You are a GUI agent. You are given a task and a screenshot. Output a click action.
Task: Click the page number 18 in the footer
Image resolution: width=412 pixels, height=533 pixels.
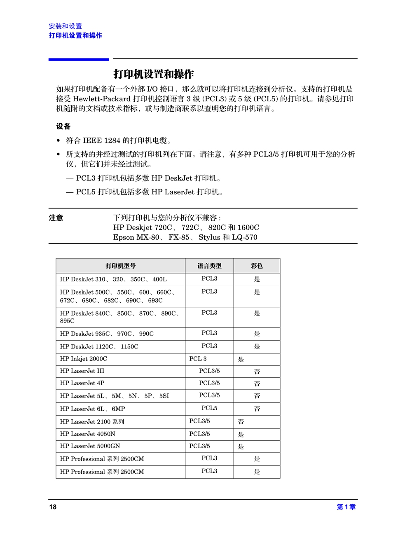(53, 507)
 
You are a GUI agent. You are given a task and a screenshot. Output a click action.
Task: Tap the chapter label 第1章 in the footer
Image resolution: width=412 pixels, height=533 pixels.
(346, 507)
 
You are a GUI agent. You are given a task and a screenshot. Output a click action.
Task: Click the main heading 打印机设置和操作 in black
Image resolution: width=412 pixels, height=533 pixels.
(153, 74)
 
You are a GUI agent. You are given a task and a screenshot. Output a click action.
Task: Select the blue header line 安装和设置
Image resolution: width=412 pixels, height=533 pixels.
(65, 26)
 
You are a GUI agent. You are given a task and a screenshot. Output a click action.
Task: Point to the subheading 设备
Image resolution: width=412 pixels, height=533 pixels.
(63, 126)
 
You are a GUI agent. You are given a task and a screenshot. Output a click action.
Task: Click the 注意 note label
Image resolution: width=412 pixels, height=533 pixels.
(56, 217)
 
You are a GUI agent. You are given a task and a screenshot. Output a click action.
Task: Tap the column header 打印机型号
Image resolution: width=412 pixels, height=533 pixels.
(120, 266)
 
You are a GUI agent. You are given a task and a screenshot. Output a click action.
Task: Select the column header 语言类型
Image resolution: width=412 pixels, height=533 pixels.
(209, 266)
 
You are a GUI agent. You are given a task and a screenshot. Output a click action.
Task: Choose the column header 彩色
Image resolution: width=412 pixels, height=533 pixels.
(257, 266)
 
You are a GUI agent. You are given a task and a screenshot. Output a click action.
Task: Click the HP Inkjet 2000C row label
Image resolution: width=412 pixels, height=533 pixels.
(84, 359)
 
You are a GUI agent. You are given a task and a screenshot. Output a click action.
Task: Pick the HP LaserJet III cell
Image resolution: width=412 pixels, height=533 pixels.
(82, 371)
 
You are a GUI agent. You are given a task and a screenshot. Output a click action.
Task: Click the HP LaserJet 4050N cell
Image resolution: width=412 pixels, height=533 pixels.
(87, 434)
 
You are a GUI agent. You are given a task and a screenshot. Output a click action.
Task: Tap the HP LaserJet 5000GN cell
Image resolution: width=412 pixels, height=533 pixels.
(90, 446)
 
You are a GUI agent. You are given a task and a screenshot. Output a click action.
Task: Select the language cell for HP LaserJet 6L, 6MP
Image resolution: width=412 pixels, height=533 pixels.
(209, 408)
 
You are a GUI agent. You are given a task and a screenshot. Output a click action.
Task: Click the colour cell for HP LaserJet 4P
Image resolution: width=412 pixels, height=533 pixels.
(257, 383)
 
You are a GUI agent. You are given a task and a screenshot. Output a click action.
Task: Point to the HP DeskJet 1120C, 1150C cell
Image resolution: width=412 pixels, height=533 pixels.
(99, 346)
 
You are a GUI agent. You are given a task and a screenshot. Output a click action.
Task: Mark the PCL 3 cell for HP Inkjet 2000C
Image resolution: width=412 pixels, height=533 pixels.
(198, 359)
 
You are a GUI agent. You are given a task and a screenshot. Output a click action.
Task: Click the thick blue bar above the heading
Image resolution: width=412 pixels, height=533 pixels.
(79, 59)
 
